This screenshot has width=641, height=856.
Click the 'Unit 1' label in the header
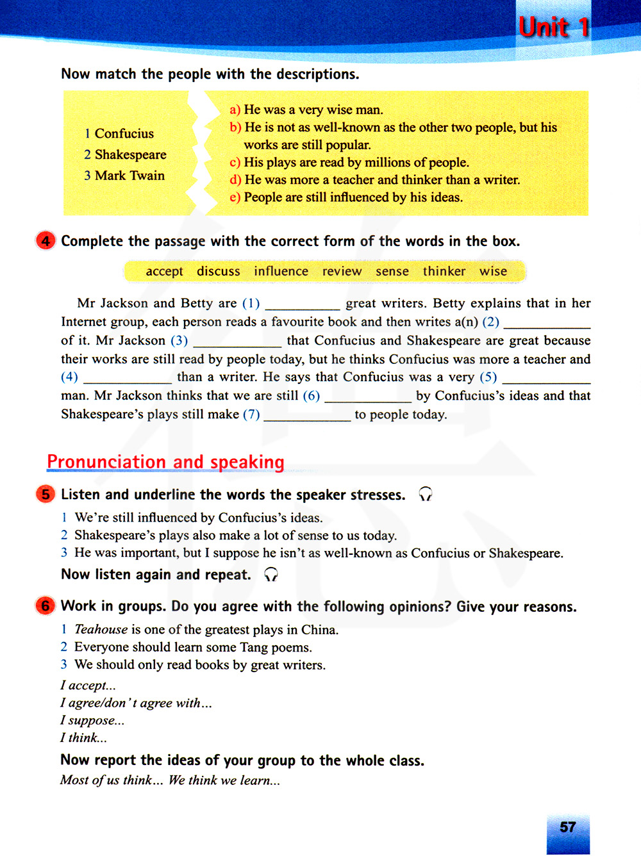(x=554, y=28)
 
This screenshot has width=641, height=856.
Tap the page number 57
(x=567, y=827)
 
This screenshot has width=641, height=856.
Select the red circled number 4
(x=46, y=241)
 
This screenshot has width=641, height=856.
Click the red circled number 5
(x=46, y=495)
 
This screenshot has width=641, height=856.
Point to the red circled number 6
(x=46, y=606)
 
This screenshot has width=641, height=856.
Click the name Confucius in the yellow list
(x=124, y=133)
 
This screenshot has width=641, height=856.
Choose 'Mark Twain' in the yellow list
(x=129, y=176)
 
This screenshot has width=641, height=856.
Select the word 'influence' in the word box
(x=281, y=271)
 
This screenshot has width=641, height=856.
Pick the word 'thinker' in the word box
(x=444, y=271)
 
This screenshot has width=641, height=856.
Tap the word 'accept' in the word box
(x=164, y=271)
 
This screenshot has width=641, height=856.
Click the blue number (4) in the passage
(x=69, y=377)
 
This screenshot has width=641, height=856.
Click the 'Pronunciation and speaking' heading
(x=165, y=462)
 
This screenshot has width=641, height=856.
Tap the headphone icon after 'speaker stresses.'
(x=426, y=494)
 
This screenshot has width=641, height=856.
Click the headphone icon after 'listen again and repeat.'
(x=271, y=574)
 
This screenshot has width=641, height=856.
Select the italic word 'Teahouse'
(x=101, y=630)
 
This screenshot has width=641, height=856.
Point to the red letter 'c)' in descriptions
(x=235, y=163)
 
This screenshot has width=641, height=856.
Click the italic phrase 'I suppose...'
(x=92, y=720)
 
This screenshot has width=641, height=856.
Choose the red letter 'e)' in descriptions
(x=235, y=197)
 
